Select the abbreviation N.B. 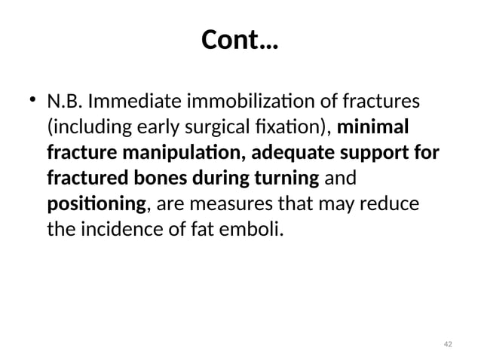point(64,101)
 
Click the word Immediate point(131,101)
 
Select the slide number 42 point(448,343)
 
